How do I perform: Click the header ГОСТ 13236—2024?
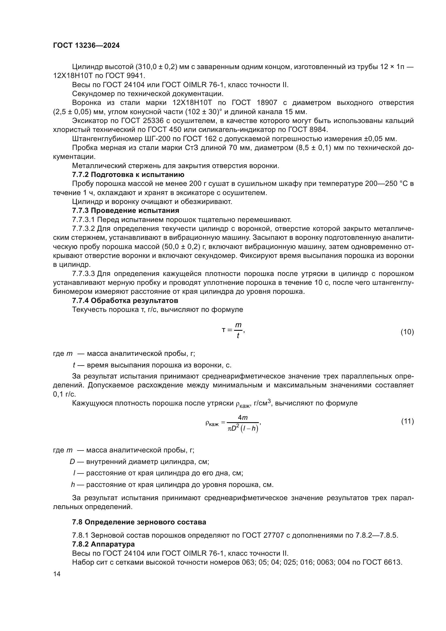click(86, 46)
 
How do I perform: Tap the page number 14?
click(57, 574)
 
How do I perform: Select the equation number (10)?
click(407, 332)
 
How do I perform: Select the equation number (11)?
click(407, 421)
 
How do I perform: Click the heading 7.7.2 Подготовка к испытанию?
click(128, 175)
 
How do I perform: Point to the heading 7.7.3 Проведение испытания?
click(125, 211)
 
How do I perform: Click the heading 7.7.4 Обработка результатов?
click(125, 300)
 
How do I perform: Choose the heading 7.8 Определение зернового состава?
click(139, 522)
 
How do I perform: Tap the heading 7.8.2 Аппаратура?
click(103, 544)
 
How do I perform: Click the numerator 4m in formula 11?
click(242, 418)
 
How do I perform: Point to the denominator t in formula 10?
click(238, 336)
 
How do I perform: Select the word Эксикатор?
click(88, 121)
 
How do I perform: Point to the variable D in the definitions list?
click(72, 462)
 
